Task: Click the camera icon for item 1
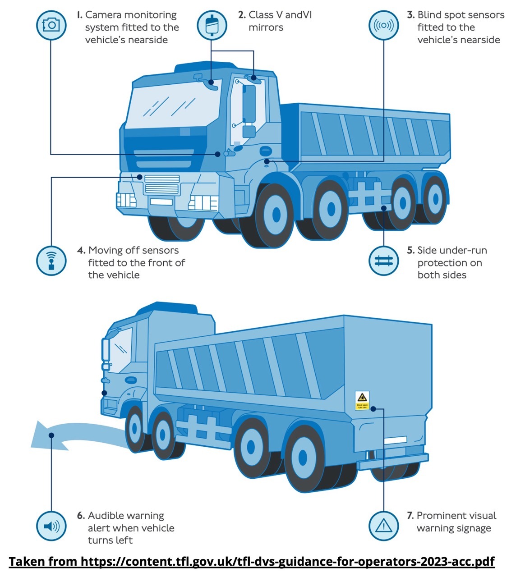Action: click(51, 25)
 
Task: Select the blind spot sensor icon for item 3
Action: click(383, 25)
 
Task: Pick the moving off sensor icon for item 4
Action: click(51, 260)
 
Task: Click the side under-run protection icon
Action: click(383, 260)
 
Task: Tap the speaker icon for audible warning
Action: click(51, 526)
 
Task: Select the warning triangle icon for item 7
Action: click(383, 526)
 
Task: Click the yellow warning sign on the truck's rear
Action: click(362, 400)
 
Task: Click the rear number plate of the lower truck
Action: click(395, 440)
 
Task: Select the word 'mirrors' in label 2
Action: click(266, 27)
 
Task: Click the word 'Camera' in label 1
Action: click(106, 15)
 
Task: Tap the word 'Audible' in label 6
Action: click(104, 515)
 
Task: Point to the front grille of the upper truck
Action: click(161, 184)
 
